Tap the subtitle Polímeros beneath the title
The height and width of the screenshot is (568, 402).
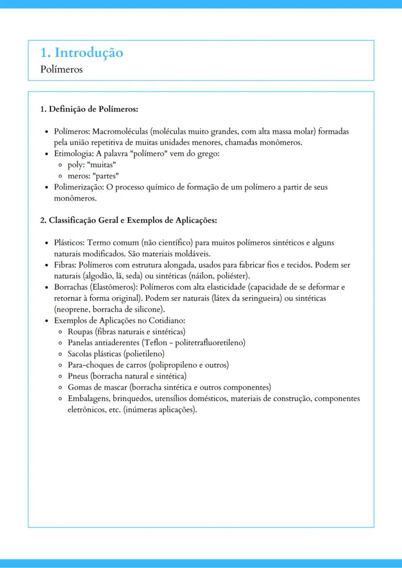[x=62, y=69]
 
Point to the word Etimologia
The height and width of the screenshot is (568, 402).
[x=73, y=154]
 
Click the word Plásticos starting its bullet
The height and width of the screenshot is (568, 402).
[x=69, y=243]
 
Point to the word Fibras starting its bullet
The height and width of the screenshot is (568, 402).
[x=65, y=265]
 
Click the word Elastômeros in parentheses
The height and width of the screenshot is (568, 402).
[x=111, y=287]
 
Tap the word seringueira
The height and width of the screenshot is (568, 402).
[x=257, y=298]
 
